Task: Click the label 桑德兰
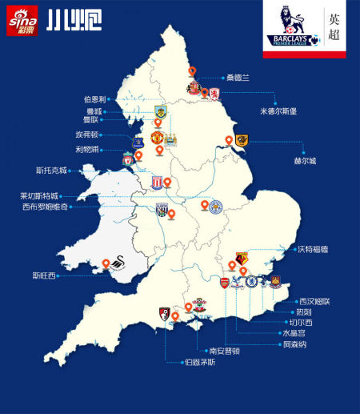coord(238,78)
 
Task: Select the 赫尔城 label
coord(304,161)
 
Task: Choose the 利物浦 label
coord(88,150)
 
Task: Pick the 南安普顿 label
coord(225,350)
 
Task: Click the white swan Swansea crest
coord(122,265)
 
